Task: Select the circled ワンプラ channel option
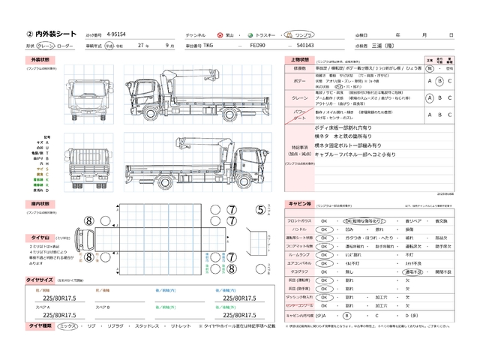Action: point(303,35)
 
